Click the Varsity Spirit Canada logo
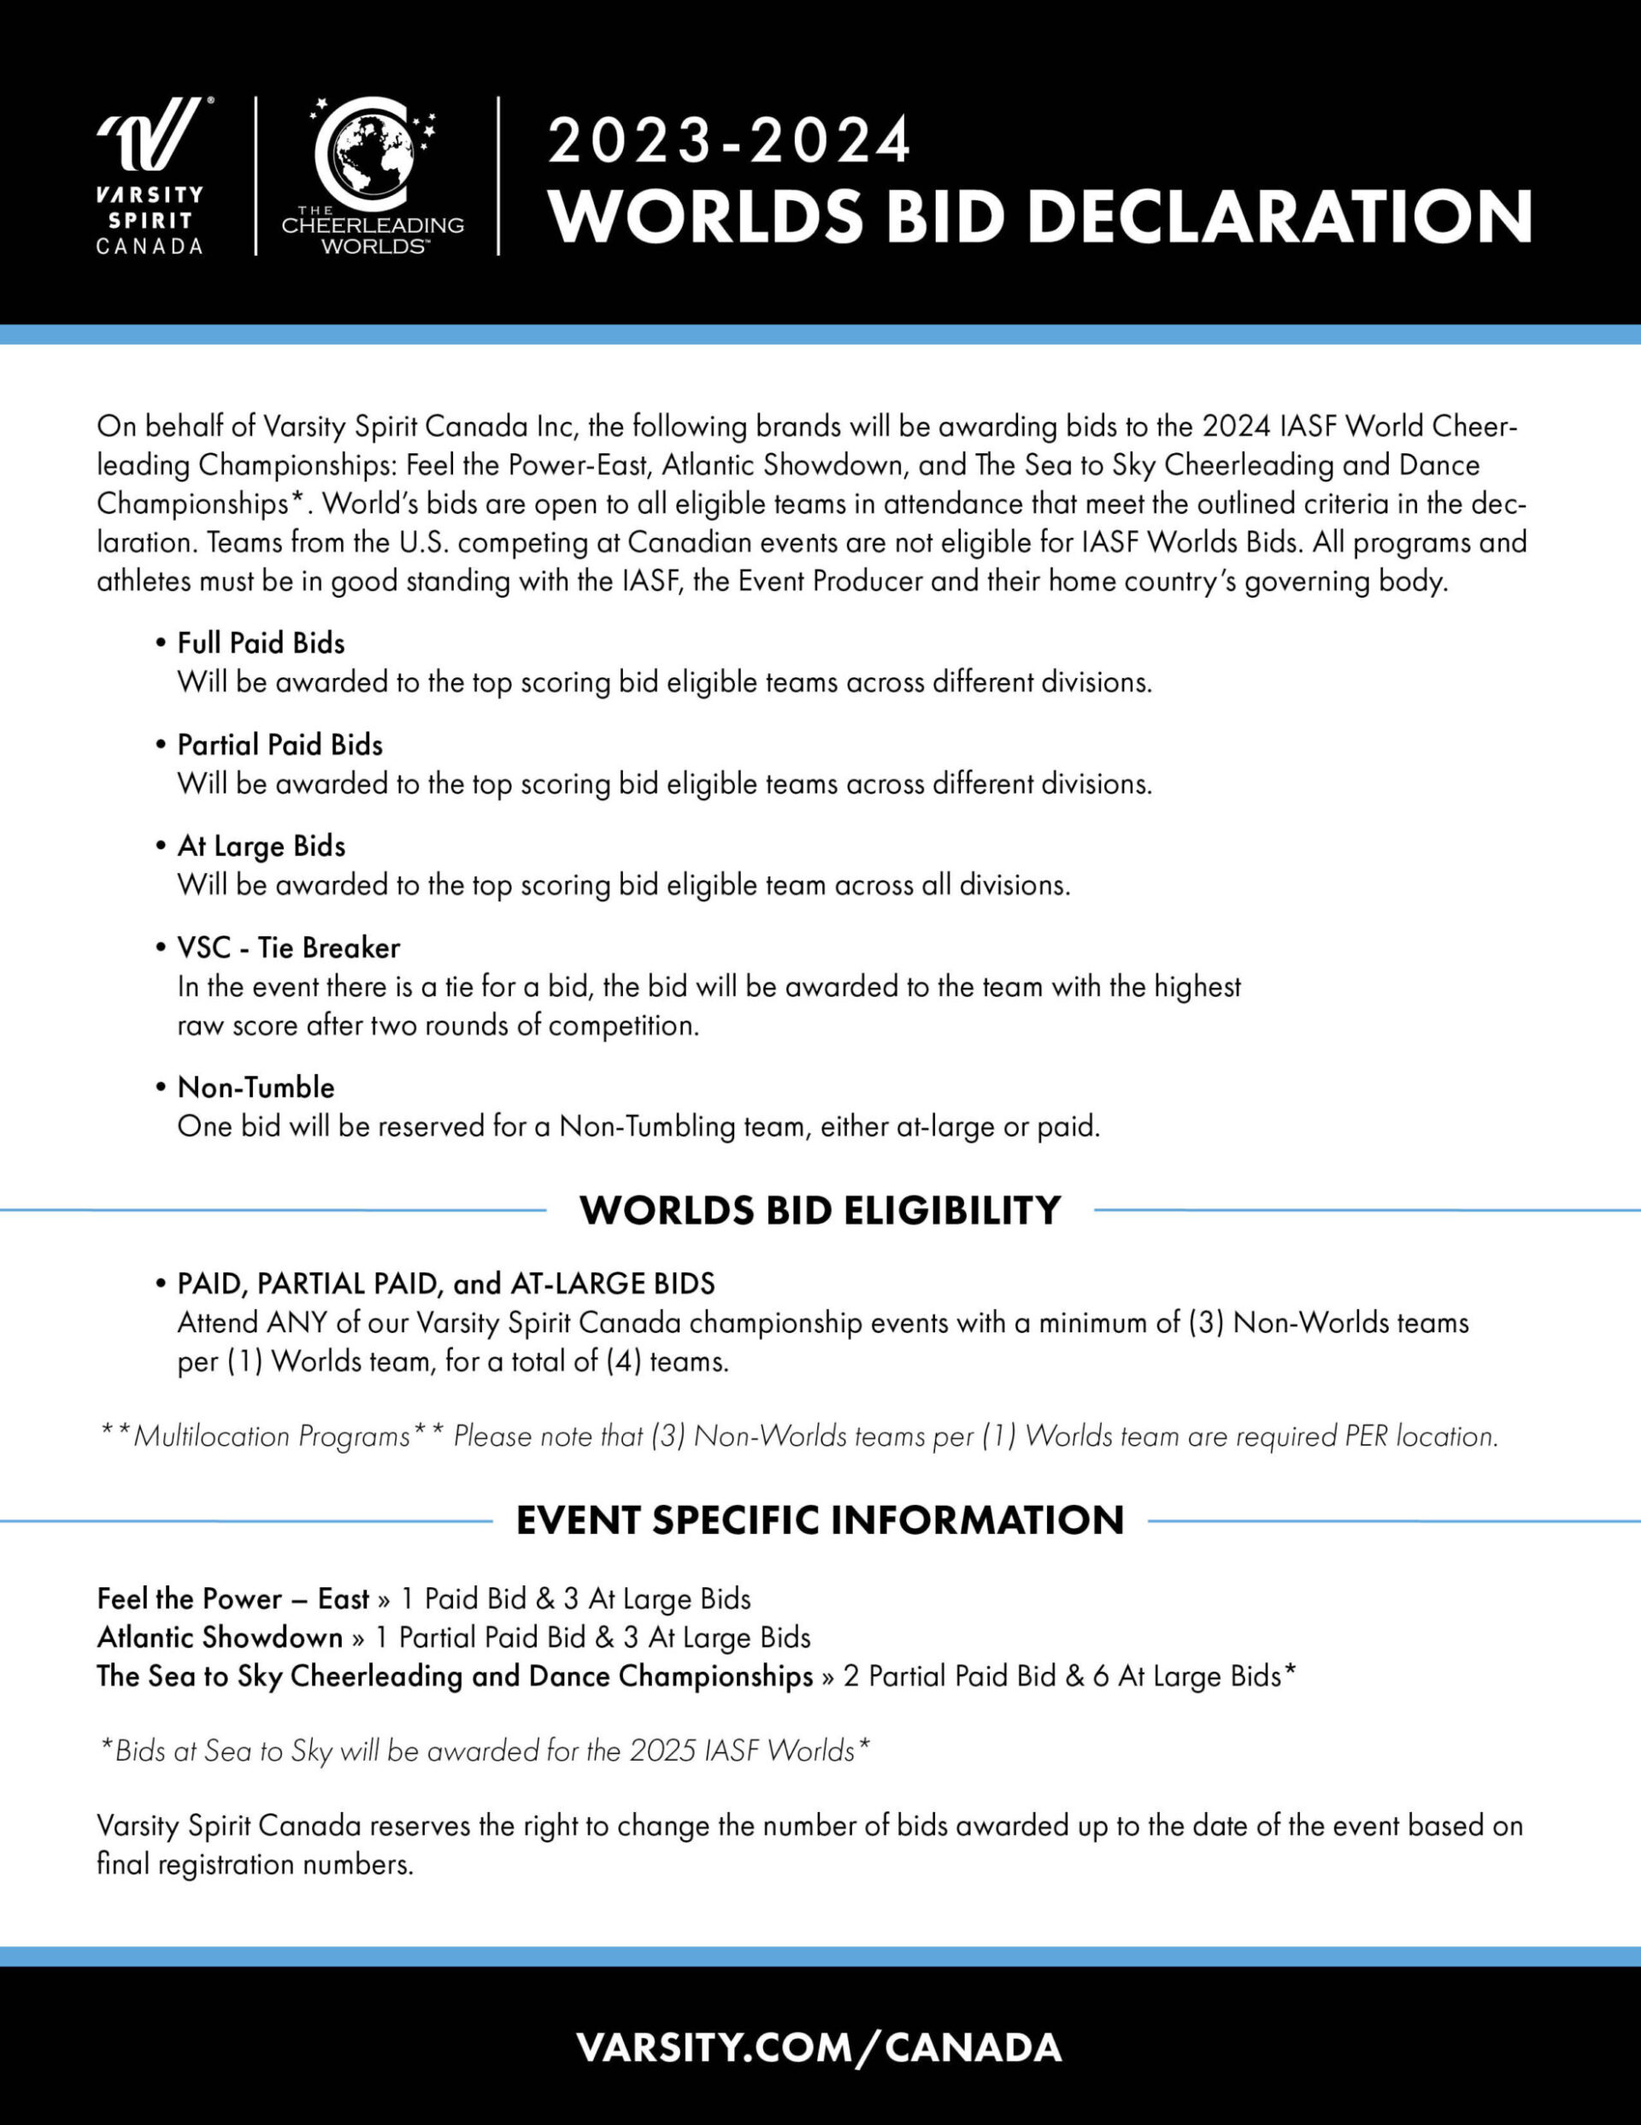click(x=150, y=175)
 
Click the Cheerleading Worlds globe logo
click(x=373, y=175)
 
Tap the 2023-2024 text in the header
click(x=730, y=141)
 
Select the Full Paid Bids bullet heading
click(x=261, y=643)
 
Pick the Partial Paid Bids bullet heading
click(x=280, y=744)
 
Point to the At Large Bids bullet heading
click(x=261, y=847)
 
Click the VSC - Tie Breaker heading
click(x=288, y=947)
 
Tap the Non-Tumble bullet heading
click(x=256, y=1087)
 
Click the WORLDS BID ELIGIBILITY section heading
click(x=820, y=1210)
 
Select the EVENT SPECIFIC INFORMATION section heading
click(x=820, y=1520)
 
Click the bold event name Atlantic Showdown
click(x=220, y=1638)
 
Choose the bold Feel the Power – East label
click(x=232, y=1598)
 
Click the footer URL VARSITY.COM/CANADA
click(x=819, y=2047)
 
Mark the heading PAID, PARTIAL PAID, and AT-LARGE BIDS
click(x=445, y=1284)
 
